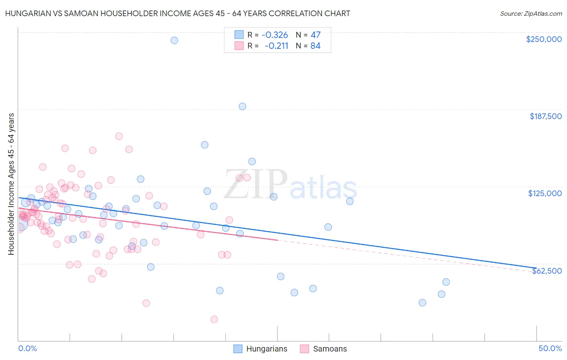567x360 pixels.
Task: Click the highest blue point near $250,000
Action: tap(174, 40)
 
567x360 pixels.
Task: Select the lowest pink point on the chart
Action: tap(214, 319)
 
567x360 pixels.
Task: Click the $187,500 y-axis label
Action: tap(546, 116)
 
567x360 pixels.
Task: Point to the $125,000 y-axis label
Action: tap(545, 193)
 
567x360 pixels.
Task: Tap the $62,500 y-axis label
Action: tap(547, 271)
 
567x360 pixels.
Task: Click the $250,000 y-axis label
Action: tap(544, 39)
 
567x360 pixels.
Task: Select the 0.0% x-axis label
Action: tap(28, 349)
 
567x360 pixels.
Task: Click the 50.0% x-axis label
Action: tap(550, 349)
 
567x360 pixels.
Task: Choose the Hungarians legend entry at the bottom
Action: tap(267, 349)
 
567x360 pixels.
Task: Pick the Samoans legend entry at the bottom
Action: tap(329, 349)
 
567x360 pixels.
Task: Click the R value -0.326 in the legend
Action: tap(275, 35)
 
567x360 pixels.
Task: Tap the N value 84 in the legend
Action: tap(315, 46)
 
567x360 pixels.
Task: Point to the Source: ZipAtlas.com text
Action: tap(531, 13)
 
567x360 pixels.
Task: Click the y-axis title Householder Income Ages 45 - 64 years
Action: tap(11, 184)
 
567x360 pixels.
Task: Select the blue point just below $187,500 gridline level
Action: tap(242, 107)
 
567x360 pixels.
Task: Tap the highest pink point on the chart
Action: tap(119, 136)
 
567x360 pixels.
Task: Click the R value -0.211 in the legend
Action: tap(276, 46)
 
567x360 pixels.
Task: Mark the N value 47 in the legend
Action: tap(315, 35)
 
